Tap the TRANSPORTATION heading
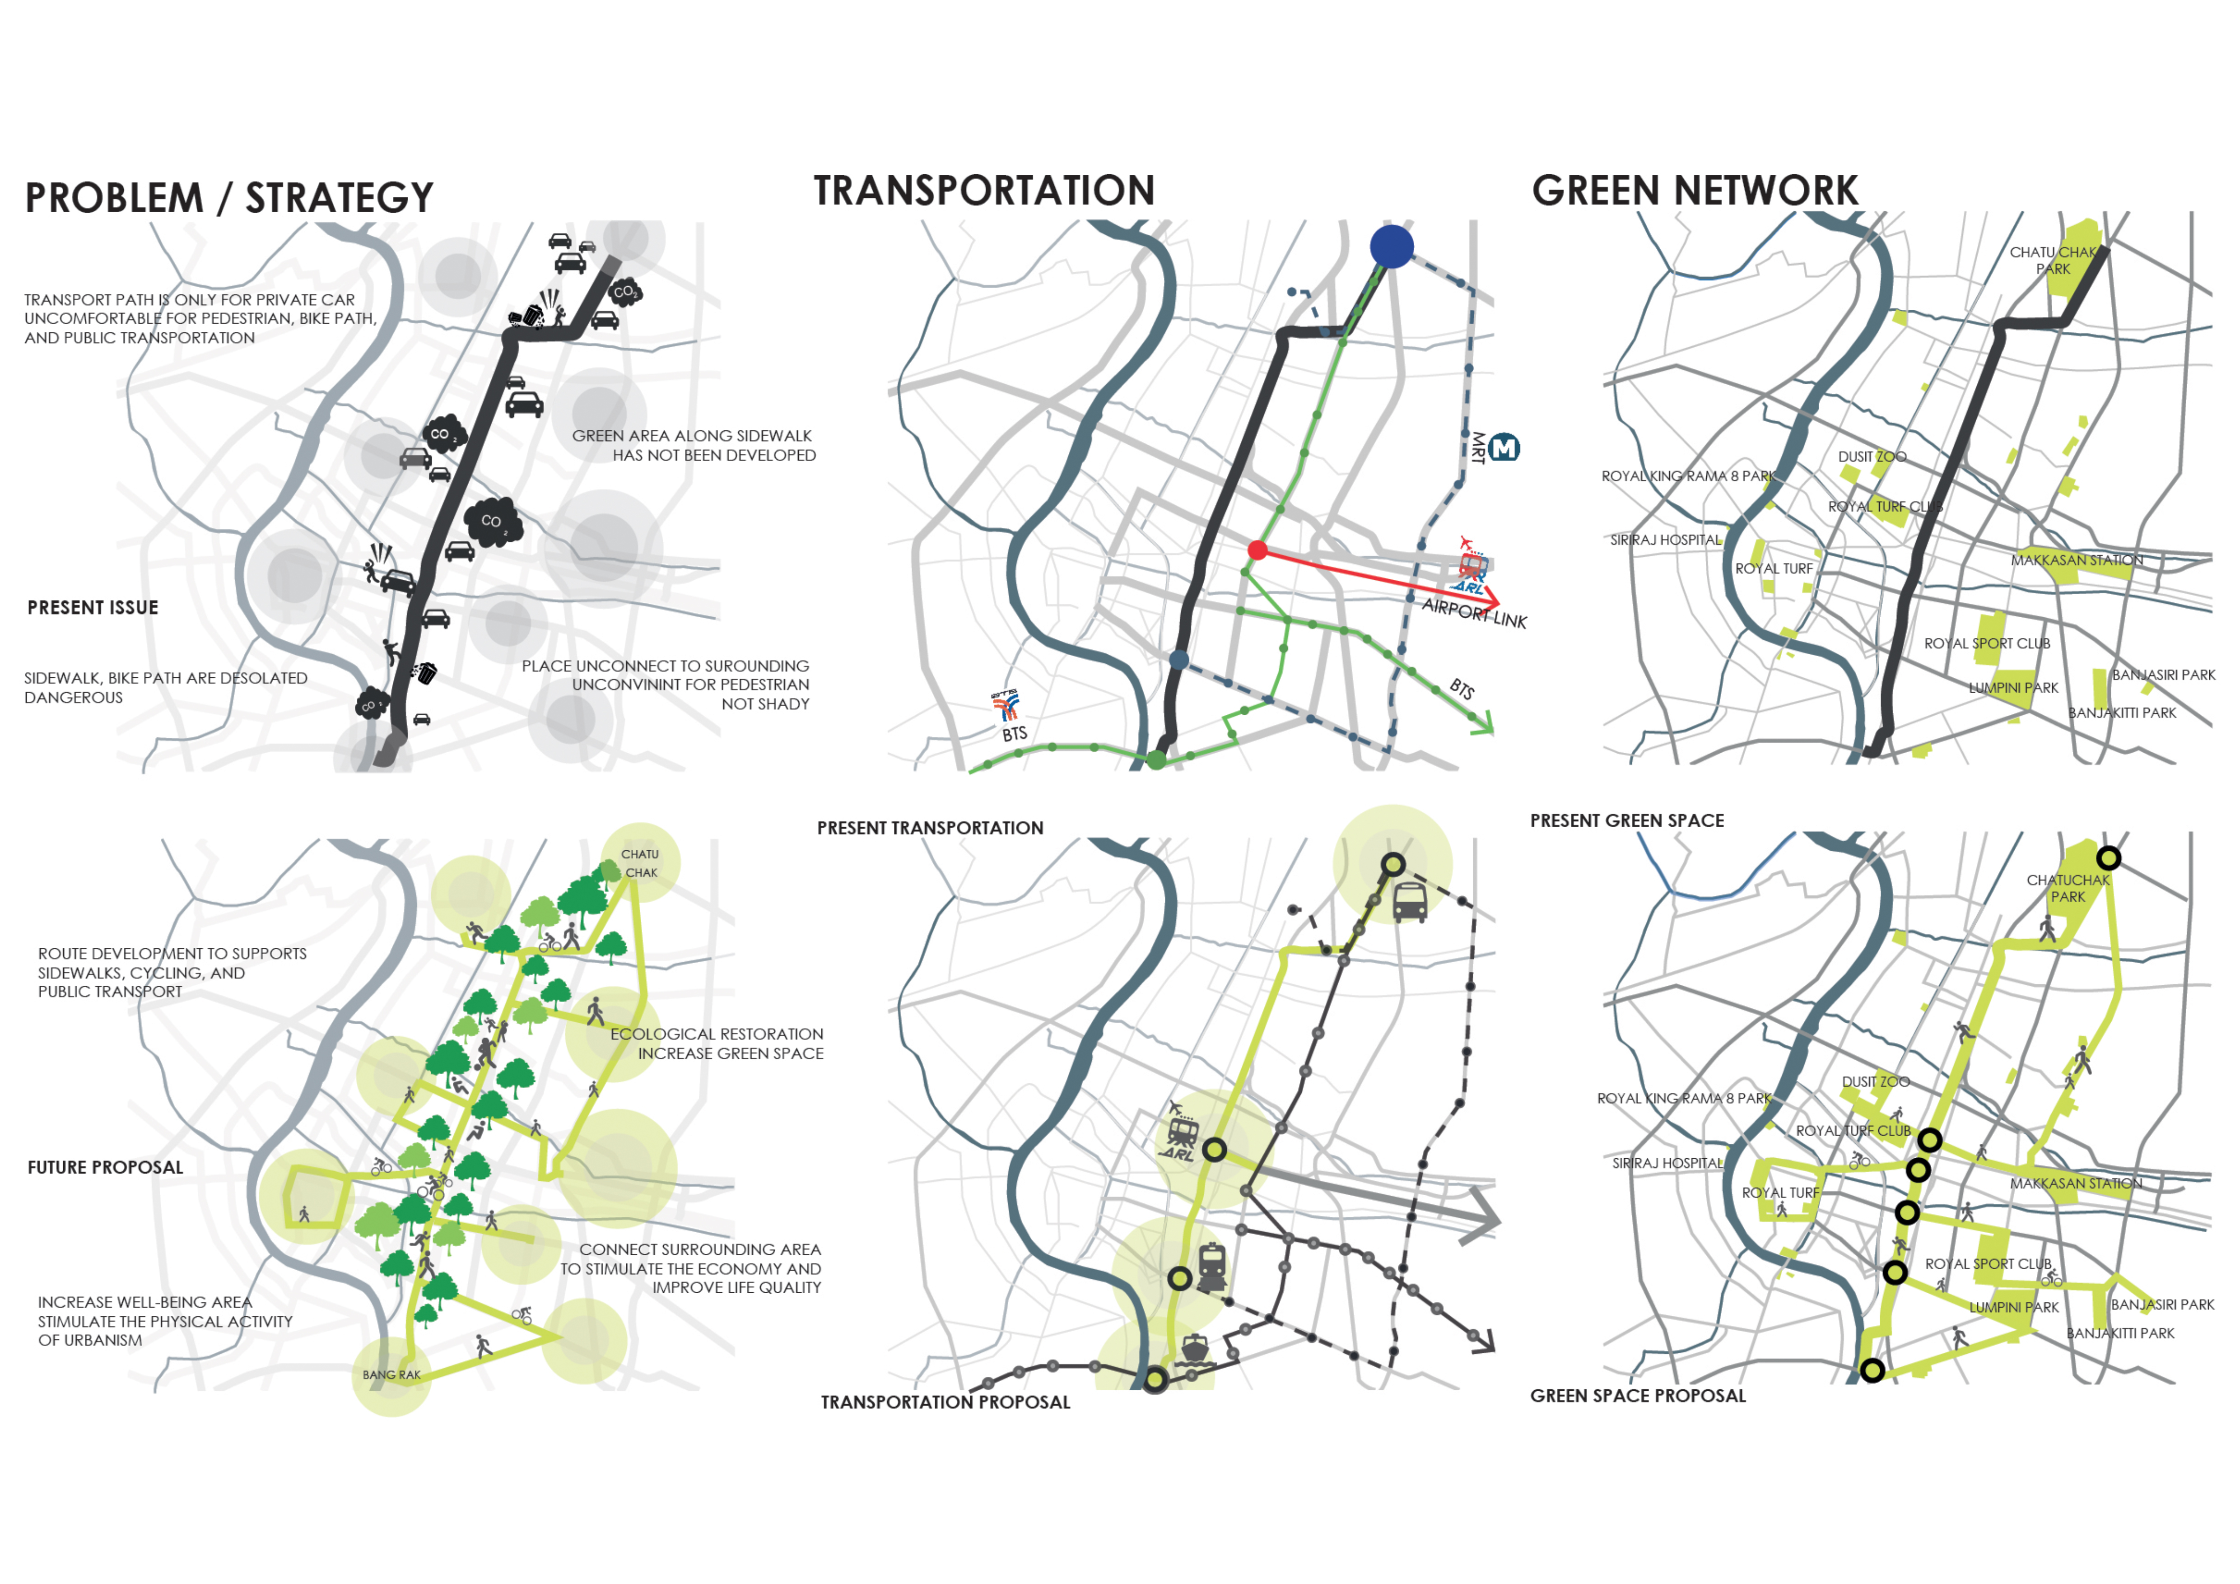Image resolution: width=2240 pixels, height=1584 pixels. tap(983, 191)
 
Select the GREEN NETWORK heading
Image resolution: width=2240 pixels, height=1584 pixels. tap(1695, 191)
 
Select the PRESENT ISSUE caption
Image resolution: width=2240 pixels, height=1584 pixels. tap(93, 608)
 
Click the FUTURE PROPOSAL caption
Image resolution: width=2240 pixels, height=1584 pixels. tap(105, 1168)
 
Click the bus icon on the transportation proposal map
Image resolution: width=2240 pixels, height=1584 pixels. tap(1410, 902)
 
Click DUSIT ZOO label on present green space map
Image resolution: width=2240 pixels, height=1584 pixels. tap(1871, 457)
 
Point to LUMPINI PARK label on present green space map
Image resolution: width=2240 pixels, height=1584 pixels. tap(2013, 688)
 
